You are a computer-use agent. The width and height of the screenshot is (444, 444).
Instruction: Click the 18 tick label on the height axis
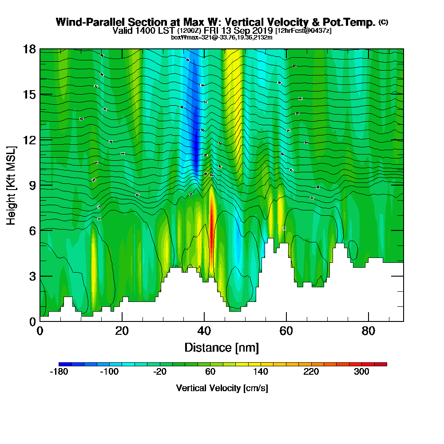point(30,49)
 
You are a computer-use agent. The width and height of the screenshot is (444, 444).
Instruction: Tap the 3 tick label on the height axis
point(32,276)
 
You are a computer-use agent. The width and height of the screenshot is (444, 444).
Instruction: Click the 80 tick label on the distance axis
point(369,331)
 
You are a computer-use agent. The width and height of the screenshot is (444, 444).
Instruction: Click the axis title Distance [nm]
point(222,347)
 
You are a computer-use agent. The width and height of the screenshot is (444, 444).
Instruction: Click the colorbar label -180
point(59,372)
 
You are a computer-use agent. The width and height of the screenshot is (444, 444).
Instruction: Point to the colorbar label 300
point(362,372)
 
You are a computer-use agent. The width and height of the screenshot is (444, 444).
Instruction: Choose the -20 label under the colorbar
point(160,372)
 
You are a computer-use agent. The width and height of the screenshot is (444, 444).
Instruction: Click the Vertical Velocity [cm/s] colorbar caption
point(222,388)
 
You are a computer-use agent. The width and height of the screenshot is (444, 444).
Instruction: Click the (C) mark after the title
point(383,22)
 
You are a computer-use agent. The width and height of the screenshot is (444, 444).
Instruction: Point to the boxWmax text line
point(222,37)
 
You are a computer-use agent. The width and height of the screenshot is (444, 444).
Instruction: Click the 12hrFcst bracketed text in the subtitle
point(303,31)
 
